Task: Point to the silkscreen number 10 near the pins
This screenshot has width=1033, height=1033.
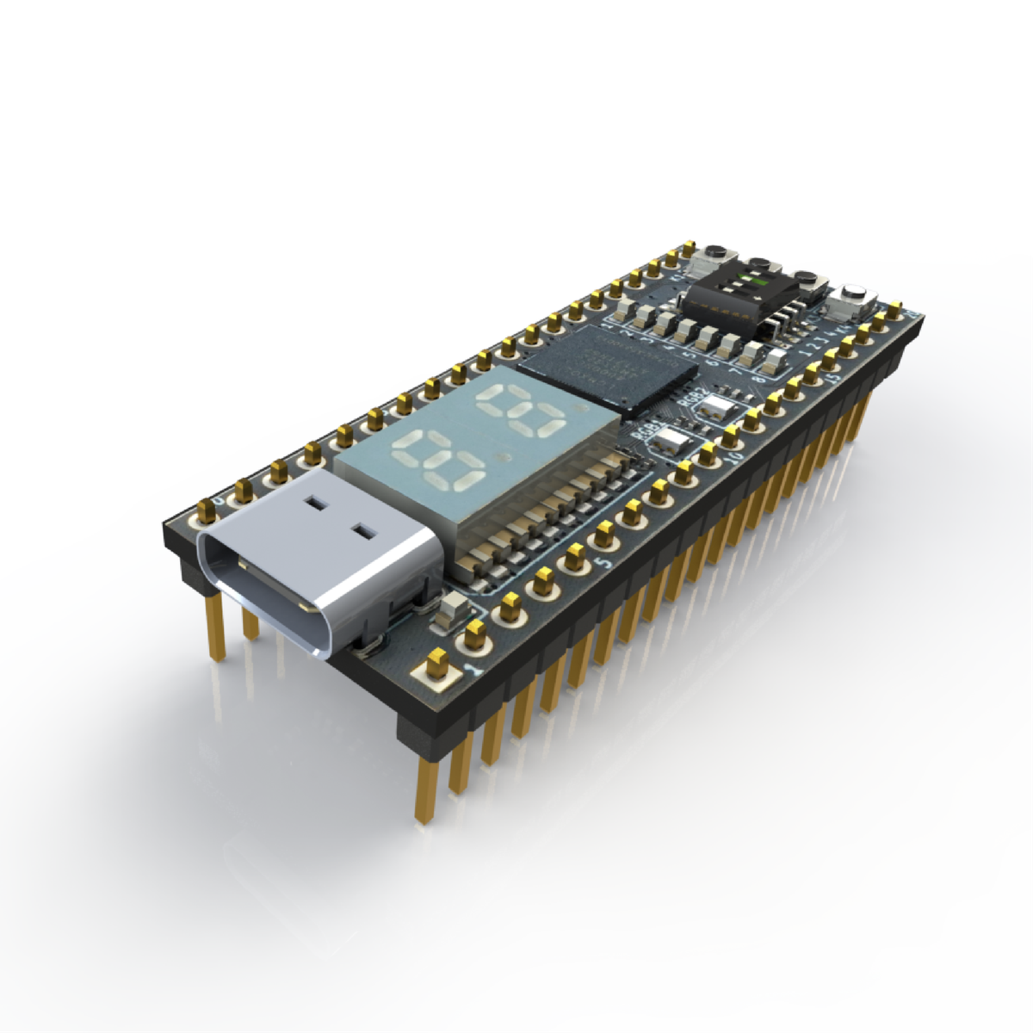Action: (x=733, y=458)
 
